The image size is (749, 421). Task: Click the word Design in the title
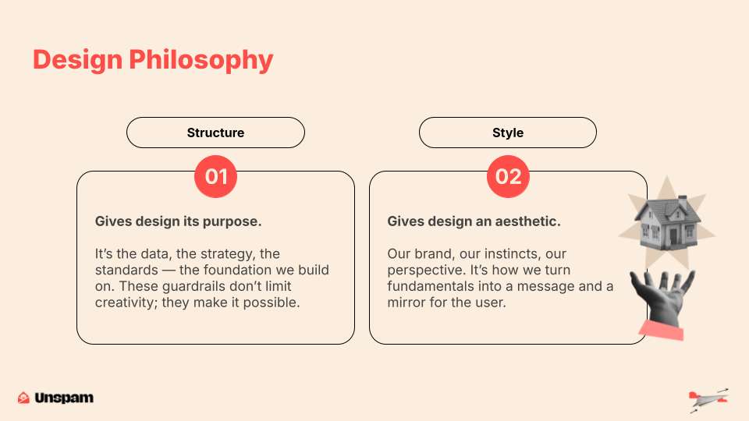tap(77, 60)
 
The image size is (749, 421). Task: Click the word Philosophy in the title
tap(201, 61)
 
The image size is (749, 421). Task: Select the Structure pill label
tap(215, 133)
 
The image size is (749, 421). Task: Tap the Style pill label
tap(508, 133)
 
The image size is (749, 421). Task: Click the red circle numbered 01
tap(215, 177)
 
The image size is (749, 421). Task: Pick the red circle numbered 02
tap(508, 177)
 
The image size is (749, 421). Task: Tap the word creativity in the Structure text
tap(126, 302)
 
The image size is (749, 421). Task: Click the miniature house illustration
tap(667, 223)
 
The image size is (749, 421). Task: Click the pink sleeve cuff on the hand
tap(662, 331)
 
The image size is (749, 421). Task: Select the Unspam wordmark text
tap(64, 398)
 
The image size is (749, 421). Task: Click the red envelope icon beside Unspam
tap(23, 398)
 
